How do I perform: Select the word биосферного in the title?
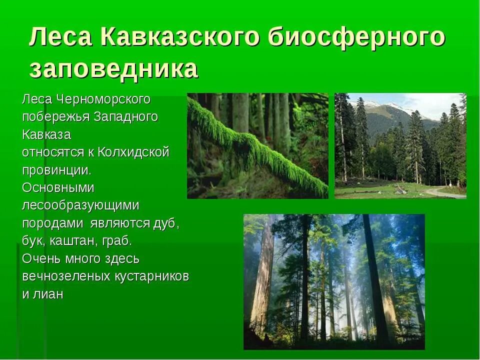click(x=356, y=38)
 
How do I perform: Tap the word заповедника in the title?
click(x=113, y=70)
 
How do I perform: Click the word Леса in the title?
click(x=60, y=38)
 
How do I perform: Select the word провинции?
click(x=56, y=170)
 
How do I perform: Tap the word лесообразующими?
click(x=80, y=205)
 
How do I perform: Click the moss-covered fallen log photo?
click(x=257, y=146)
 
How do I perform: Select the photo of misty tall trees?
click(x=334, y=281)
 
